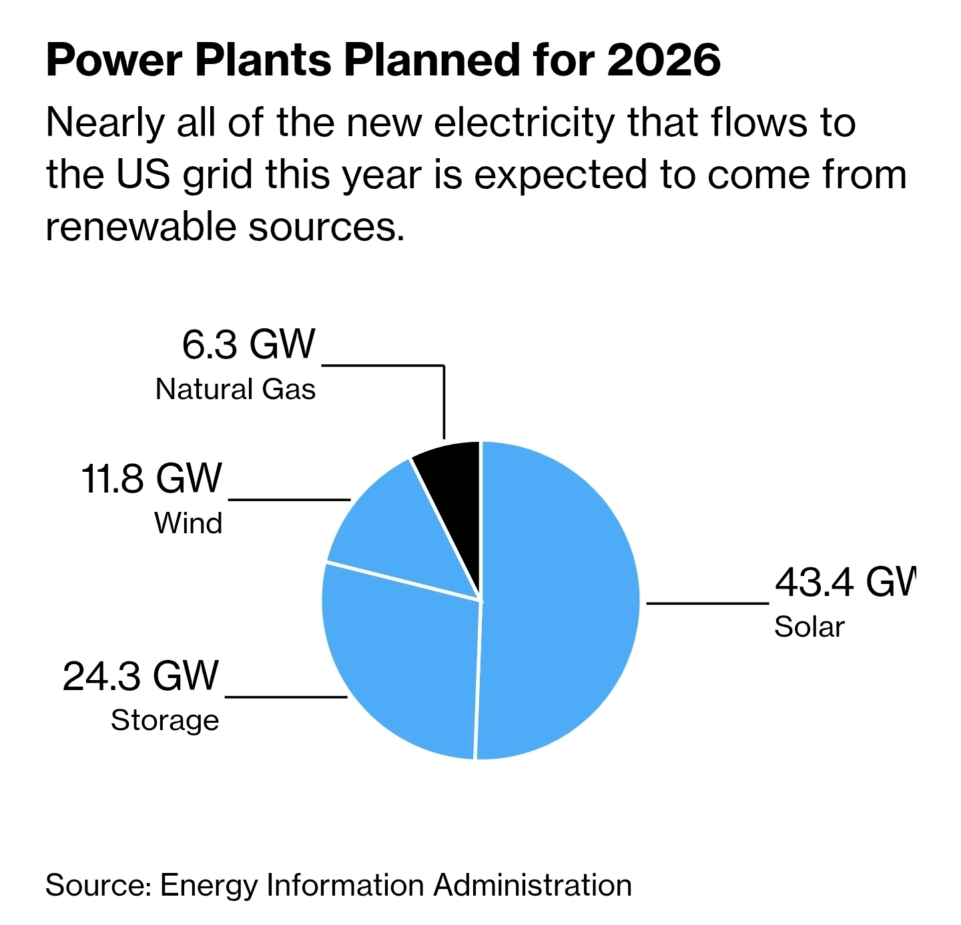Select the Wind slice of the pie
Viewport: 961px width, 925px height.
pos(400,534)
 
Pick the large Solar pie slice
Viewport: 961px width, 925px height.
pos(561,601)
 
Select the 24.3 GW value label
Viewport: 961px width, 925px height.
pos(141,675)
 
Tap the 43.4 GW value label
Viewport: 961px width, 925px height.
pos(845,582)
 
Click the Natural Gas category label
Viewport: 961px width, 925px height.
pos(236,389)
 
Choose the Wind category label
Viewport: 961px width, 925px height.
pos(188,523)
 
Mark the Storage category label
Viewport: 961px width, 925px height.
pos(165,721)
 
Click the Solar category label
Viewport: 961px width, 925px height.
pos(809,627)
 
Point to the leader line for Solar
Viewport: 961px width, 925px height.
pos(707,603)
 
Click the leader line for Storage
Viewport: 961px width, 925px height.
pos(286,697)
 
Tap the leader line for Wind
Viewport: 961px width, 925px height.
pos(289,499)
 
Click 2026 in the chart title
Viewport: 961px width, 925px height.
pos(664,60)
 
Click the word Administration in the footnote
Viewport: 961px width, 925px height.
pos(533,886)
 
